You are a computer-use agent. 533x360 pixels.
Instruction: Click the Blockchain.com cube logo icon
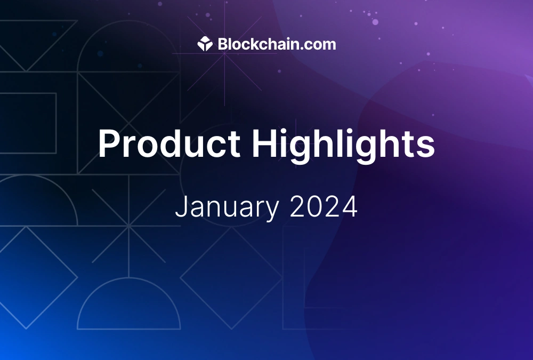205,44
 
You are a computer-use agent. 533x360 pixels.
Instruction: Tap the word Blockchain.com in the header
277,44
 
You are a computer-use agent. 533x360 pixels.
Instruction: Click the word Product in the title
169,143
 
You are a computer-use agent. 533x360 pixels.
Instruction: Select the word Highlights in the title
343,145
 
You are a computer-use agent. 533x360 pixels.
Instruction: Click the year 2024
324,206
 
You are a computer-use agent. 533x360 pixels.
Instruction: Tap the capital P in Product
110,143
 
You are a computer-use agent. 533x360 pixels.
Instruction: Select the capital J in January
181,206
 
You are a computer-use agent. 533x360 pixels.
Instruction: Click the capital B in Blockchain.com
223,44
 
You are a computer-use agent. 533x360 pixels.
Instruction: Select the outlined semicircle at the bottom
129,278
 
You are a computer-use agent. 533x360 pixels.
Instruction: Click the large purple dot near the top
375,22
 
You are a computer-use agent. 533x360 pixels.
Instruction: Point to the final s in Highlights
426,147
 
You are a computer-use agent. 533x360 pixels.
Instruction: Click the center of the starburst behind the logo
225,53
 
